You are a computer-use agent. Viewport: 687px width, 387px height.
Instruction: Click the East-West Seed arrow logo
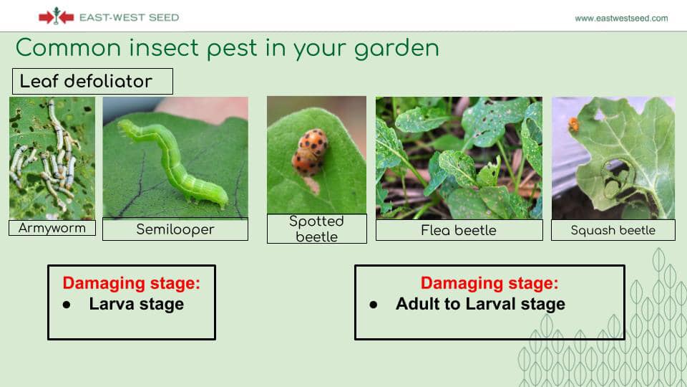(56, 16)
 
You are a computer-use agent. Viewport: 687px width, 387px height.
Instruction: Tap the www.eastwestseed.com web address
(621, 19)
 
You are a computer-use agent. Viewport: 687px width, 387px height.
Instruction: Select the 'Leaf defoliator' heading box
(92, 81)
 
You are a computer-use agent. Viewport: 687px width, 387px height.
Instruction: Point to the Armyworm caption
(52, 228)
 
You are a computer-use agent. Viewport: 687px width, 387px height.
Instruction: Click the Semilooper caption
(175, 229)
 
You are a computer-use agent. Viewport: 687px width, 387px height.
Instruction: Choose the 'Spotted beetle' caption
(317, 229)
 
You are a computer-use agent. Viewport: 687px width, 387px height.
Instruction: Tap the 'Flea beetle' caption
(459, 230)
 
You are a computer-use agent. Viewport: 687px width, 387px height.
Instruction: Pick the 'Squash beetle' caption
(613, 230)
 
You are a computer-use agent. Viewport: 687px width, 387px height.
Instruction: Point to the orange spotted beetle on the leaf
(310, 152)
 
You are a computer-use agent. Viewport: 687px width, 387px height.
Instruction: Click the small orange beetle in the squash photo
(574, 124)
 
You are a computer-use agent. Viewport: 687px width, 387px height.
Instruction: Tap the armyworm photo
(52, 158)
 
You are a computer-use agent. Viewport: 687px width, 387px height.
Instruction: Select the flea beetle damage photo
(459, 158)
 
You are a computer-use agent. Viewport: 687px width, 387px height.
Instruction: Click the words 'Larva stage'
(136, 304)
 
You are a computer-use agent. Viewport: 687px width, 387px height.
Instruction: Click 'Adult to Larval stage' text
(480, 304)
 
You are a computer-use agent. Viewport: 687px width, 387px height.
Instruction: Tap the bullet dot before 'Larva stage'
(67, 305)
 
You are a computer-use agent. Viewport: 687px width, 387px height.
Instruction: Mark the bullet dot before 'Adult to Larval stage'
(374, 305)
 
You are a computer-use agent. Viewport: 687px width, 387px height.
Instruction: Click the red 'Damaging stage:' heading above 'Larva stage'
(131, 284)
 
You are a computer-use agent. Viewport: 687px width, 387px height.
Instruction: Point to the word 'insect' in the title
(163, 48)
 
